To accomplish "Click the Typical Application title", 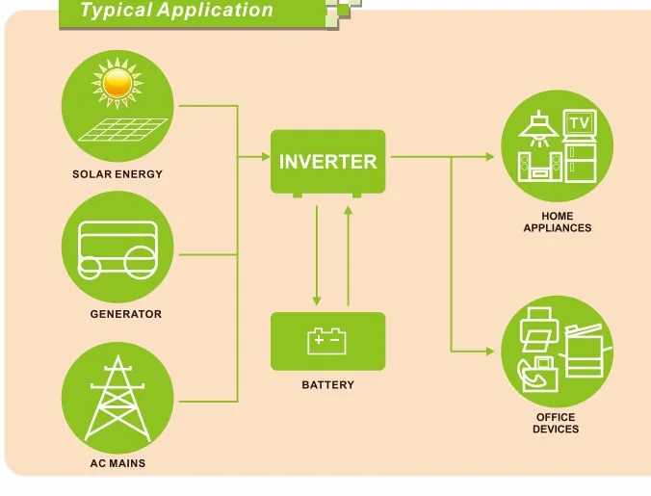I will click(176, 12).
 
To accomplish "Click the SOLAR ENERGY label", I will click(117, 174).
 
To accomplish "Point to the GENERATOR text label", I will click(126, 314).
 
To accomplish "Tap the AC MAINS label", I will click(118, 463).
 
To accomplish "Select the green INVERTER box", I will click(327, 161).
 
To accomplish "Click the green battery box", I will click(327, 341).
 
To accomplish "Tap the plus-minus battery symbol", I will click(326, 341).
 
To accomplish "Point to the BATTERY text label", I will click(327, 385).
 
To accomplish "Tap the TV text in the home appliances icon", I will click(579, 123).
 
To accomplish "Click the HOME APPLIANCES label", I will click(557, 222).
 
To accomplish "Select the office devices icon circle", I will click(557, 352).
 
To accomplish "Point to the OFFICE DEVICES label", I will click(556, 423).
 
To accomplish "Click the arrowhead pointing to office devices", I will click(494, 350).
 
